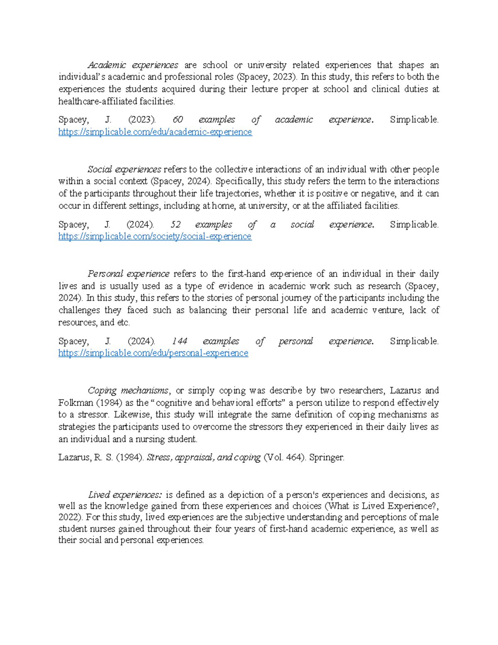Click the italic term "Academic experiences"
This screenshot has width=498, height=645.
pos(132,65)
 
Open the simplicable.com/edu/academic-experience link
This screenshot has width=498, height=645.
pos(155,132)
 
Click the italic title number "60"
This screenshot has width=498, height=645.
pos(177,120)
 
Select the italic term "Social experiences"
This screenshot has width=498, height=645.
pos(124,169)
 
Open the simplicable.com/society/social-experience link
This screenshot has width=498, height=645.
pos(155,236)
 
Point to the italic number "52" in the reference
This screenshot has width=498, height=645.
pos(176,225)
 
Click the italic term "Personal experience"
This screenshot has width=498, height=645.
pos(128,274)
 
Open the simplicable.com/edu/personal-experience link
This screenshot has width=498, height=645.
pos(153,353)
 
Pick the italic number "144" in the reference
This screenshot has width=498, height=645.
pos(179,341)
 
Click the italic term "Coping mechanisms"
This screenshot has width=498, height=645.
pos(128,391)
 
